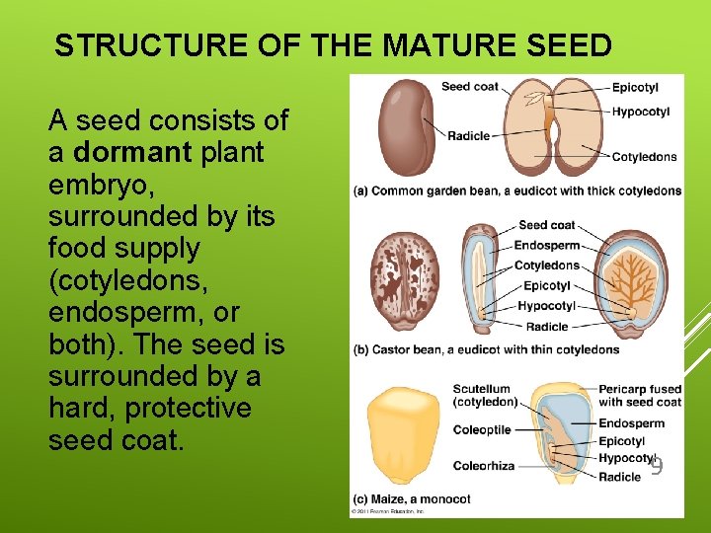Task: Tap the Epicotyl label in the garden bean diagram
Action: coord(635,88)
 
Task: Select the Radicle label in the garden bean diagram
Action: coord(469,135)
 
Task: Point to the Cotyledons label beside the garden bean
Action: coord(644,157)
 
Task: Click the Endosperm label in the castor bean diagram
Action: coord(547,245)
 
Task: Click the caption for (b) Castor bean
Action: coord(487,349)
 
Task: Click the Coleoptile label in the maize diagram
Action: coord(482,430)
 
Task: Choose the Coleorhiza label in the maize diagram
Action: coord(483,466)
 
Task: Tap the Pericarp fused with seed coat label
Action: coord(639,395)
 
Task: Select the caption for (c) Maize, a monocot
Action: coord(412,499)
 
